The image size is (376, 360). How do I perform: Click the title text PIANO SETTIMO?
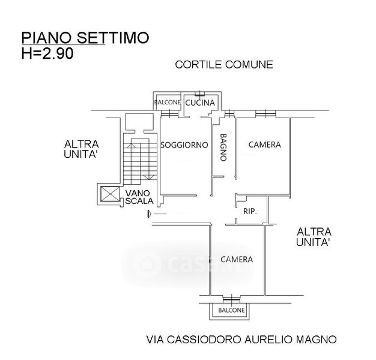coord(85,38)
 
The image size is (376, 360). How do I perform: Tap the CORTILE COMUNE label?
coord(223,65)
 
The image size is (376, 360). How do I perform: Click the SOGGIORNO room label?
coord(184,145)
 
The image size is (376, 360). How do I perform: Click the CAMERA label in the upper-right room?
coord(264,145)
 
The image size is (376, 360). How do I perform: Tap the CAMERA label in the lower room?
coord(236,260)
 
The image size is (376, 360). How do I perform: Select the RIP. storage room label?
coord(250,211)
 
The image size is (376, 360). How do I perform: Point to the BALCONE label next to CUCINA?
coord(167,103)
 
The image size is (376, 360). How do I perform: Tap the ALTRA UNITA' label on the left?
coord(82,149)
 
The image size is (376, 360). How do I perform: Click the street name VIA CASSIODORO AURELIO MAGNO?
coord(241,339)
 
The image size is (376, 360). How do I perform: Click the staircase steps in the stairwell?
coord(138,161)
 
